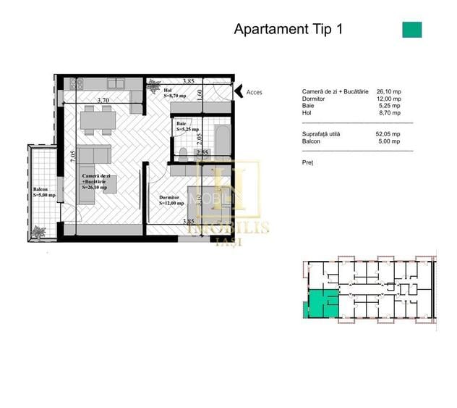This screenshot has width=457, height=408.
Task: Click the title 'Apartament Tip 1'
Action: click(288, 30)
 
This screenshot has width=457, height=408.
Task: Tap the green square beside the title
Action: click(411, 30)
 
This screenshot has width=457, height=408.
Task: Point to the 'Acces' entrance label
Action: click(255, 93)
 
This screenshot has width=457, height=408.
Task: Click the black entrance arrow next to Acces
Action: click(239, 91)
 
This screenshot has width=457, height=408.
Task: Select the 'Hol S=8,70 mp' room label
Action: click(176, 92)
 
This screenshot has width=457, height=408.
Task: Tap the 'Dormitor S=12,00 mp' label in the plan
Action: click(172, 199)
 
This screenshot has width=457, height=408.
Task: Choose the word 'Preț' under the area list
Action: click(307, 163)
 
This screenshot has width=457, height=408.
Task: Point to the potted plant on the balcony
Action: click(38, 233)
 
